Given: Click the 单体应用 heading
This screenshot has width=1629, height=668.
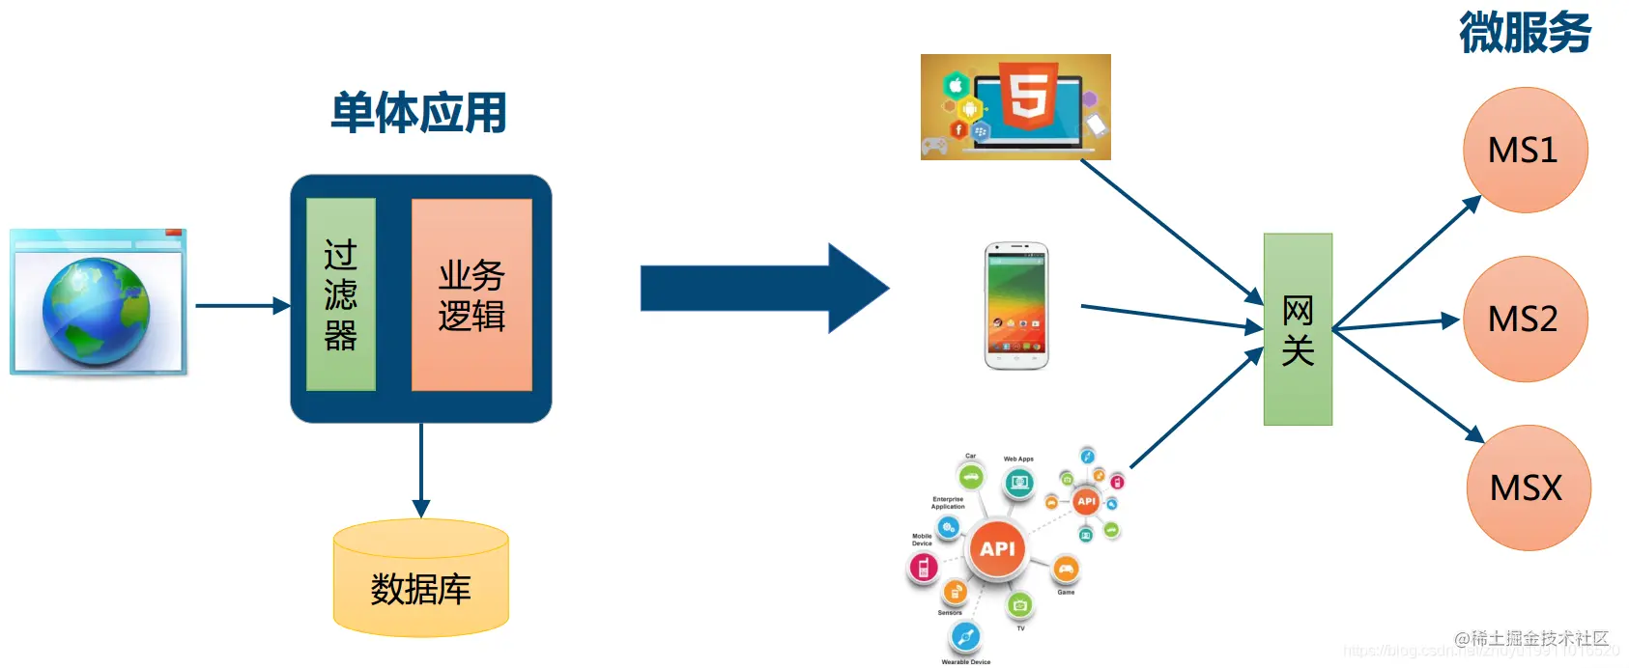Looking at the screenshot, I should pyautogui.click(x=418, y=113).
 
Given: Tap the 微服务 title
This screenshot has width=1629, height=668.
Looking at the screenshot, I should pyautogui.click(x=1525, y=33).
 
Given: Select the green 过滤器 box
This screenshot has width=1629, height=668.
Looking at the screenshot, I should pyautogui.click(x=340, y=294).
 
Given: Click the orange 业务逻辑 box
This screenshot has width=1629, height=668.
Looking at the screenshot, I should pyautogui.click(x=472, y=294).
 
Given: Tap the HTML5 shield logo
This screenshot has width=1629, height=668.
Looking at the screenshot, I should pyautogui.click(x=1028, y=95).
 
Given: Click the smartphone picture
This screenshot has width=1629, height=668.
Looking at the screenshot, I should pyautogui.click(x=1016, y=306).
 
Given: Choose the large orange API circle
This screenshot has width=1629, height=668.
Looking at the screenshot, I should pyautogui.click(x=997, y=548).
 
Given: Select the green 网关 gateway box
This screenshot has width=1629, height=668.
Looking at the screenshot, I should pyautogui.click(x=1298, y=329).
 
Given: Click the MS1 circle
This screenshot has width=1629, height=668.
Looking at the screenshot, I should pyautogui.click(x=1525, y=151).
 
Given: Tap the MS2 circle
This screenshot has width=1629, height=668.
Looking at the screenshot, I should pyautogui.click(x=1525, y=319).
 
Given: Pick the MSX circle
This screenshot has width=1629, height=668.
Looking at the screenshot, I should pyautogui.click(x=1528, y=487).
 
